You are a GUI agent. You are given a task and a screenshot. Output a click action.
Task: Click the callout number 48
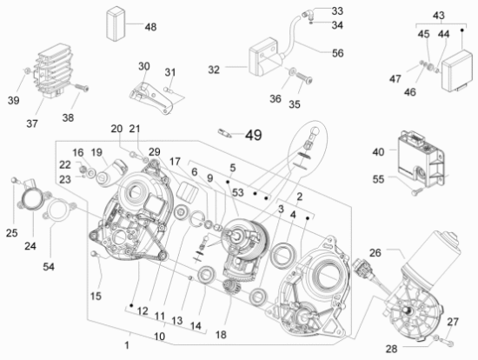pyautogui.click(x=150, y=27)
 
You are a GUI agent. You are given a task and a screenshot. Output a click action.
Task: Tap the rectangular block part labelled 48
pyautogui.click(x=116, y=23)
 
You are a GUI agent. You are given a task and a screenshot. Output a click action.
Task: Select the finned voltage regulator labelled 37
pyautogui.click(x=53, y=70)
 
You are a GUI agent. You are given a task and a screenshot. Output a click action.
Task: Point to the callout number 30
pyautogui.click(x=144, y=66)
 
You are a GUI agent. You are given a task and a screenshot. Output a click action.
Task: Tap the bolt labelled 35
pyautogui.click(x=304, y=77)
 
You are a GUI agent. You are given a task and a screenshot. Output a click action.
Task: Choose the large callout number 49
pyautogui.click(x=253, y=135)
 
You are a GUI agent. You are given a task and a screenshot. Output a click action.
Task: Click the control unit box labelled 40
pyautogui.click(x=422, y=158)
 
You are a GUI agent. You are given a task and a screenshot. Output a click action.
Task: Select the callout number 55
pyautogui.click(x=378, y=179)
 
